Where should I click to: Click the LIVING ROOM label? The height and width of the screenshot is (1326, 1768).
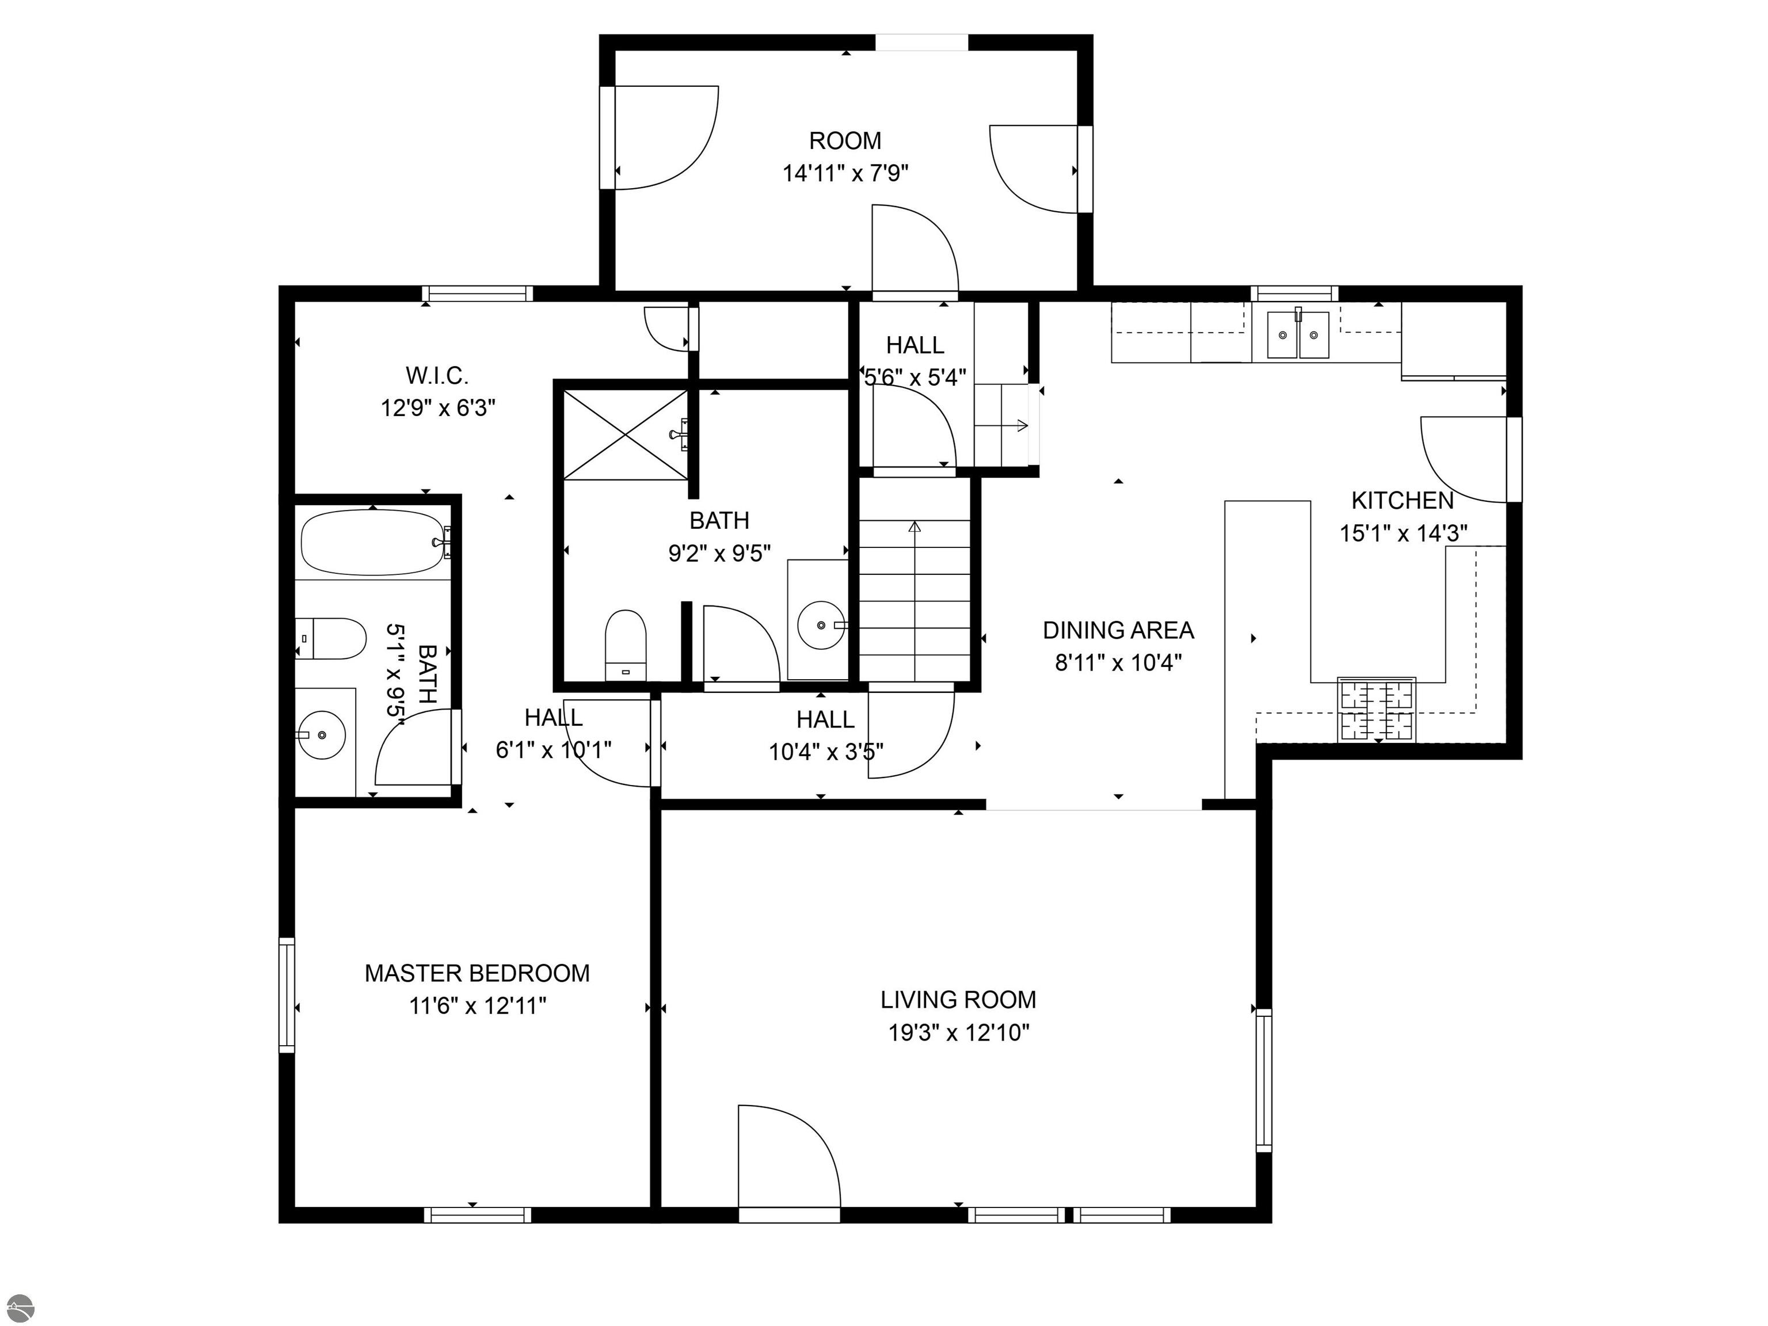point(958,999)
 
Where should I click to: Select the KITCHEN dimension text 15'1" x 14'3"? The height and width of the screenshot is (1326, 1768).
point(1403,533)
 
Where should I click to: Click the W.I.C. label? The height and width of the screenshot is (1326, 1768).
point(437,375)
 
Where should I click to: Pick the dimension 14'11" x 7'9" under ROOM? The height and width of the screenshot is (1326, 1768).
point(845,173)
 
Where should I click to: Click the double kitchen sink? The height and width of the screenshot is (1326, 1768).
point(1298,335)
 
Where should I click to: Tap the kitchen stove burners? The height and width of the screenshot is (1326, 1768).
point(1376,709)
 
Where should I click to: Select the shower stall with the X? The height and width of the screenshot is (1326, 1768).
point(626,435)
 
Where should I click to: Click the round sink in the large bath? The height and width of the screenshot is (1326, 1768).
point(821,625)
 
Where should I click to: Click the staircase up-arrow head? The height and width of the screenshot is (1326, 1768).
point(915,526)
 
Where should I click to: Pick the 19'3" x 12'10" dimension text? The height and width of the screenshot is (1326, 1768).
point(958,1032)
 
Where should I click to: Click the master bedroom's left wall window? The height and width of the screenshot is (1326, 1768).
point(286,995)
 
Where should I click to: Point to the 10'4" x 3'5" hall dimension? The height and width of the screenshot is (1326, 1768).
point(826,752)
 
